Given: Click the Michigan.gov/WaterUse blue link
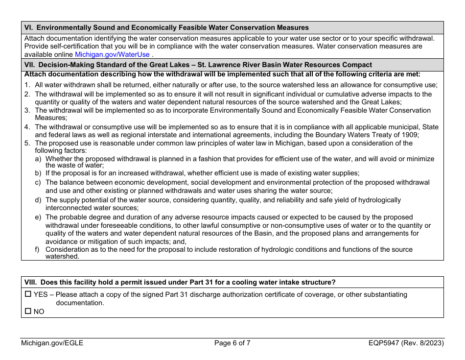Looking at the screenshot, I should pyautogui.click(x=112, y=55).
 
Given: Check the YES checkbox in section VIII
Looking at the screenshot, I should pyautogui.click(x=28, y=295).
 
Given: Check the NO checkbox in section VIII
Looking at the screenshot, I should pyautogui.click(x=28, y=312).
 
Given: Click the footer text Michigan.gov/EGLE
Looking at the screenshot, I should pyautogui.click(x=52, y=343).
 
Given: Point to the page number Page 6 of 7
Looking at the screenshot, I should pyautogui.click(x=232, y=343).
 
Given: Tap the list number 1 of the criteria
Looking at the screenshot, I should pyautogui.click(x=27, y=85).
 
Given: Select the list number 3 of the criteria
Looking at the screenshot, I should pyautogui.click(x=27, y=111).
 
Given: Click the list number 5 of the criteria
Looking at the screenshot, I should pyautogui.click(x=27, y=144).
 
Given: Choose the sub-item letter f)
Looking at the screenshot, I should pyautogui.click(x=38, y=250).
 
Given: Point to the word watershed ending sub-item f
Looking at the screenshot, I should pyautogui.click(x=62, y=257).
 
